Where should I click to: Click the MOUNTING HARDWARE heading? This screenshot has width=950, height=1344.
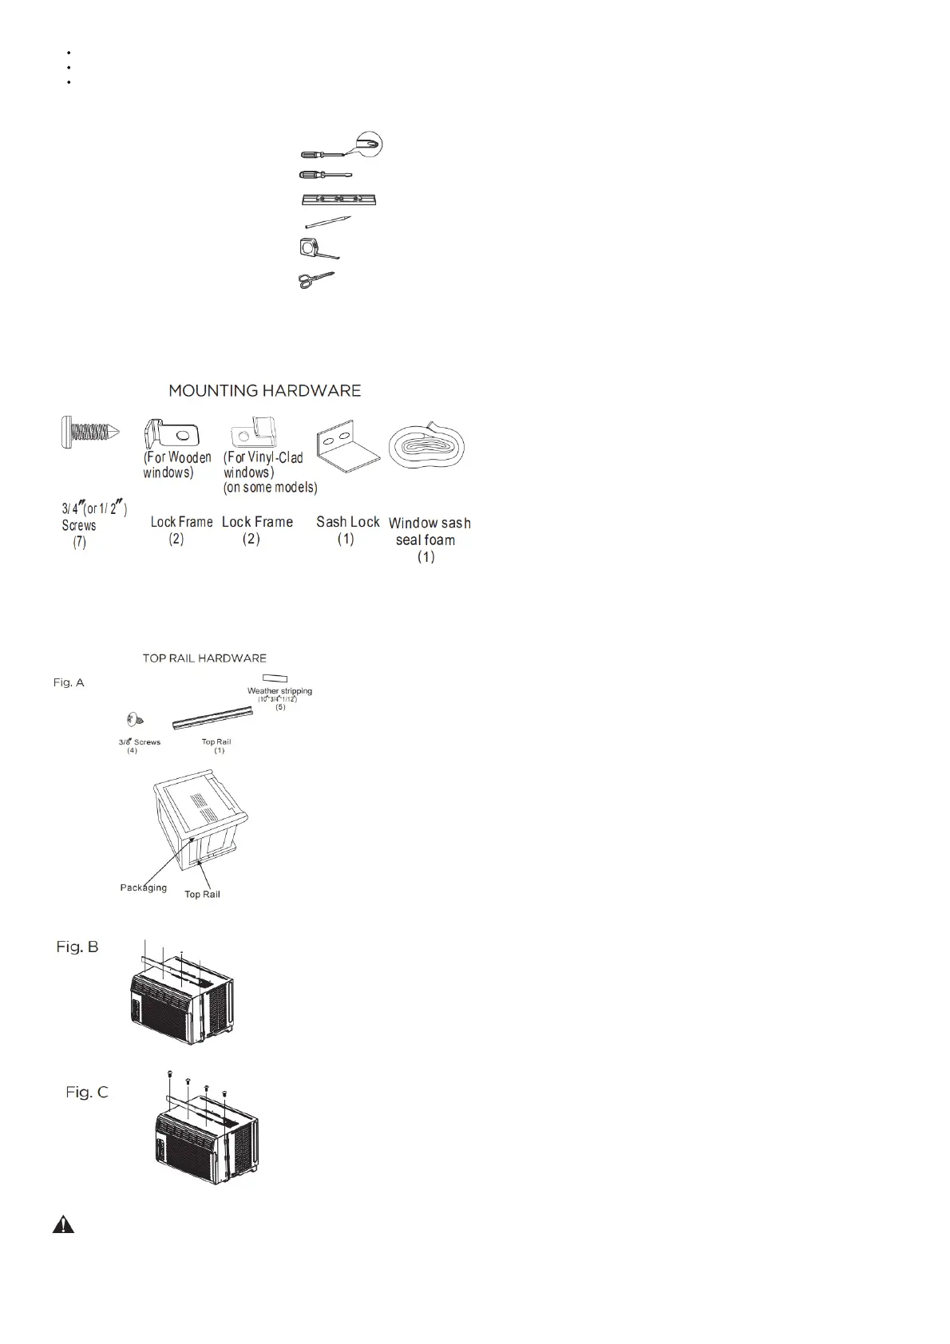click(264, 390)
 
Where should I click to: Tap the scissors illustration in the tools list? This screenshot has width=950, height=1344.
click(316, 279)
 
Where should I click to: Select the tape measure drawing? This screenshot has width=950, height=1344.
click(315, 250)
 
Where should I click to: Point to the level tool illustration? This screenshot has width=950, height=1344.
click(338, 200)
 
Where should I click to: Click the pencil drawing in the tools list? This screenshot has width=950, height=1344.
click(328, 223)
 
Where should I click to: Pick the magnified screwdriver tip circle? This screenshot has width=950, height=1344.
click(369, 144)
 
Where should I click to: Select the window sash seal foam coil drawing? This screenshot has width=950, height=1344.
click(427, 446)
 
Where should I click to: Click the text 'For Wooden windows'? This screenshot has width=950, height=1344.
click(176, 464)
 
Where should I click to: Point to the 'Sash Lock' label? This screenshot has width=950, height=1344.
click(347, 522)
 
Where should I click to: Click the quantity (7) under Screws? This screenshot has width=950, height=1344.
click(79, 543)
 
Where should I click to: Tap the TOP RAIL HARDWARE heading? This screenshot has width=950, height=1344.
click(204, 658)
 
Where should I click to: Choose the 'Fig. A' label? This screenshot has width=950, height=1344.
click(69, 682)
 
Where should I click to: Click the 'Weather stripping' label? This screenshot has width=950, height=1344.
click(279, 691)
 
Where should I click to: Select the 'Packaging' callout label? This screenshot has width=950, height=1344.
click(144, 887)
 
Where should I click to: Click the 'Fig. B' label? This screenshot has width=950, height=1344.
click(77, 947)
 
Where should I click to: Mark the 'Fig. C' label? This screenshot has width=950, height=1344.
click(87, 1092)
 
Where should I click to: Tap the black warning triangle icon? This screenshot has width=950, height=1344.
click(64, 1225)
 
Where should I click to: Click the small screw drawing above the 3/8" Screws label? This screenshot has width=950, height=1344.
click(134, 719)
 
